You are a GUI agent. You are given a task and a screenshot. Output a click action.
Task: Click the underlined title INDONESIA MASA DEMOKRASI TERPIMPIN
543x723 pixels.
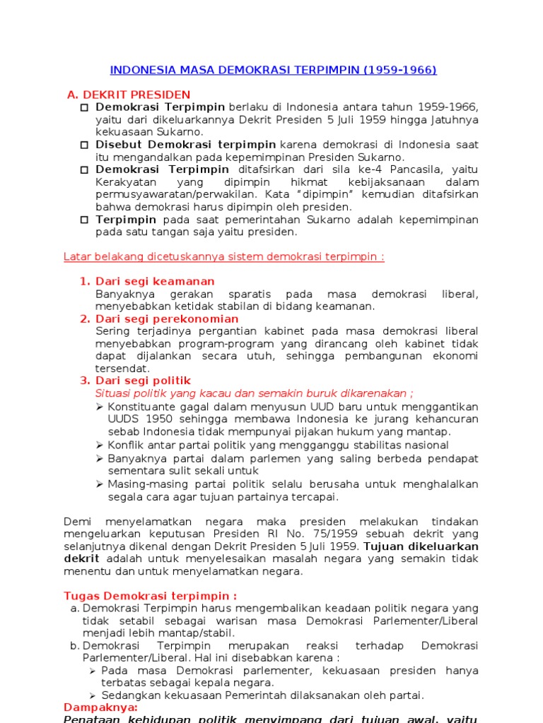(273, 70)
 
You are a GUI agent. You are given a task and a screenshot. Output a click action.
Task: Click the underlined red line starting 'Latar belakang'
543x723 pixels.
(224, 256)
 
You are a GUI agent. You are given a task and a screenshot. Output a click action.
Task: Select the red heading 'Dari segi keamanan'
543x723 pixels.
(155, 282)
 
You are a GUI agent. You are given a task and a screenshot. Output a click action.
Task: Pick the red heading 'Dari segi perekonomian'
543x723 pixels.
(167, 319)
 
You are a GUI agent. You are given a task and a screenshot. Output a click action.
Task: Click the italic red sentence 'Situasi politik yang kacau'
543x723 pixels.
(254, 393)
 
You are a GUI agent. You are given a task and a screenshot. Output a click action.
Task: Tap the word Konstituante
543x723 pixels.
(141, 407)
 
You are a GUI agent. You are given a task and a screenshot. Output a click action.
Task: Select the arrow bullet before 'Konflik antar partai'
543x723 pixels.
(99, 445)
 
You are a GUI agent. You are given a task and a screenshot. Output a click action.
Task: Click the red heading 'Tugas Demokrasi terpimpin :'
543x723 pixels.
(150, 596)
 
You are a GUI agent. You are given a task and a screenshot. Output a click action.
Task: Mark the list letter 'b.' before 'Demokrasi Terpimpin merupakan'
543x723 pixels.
(74, 646)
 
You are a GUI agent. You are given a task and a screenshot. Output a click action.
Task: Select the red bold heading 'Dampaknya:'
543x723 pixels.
(101, 707)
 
